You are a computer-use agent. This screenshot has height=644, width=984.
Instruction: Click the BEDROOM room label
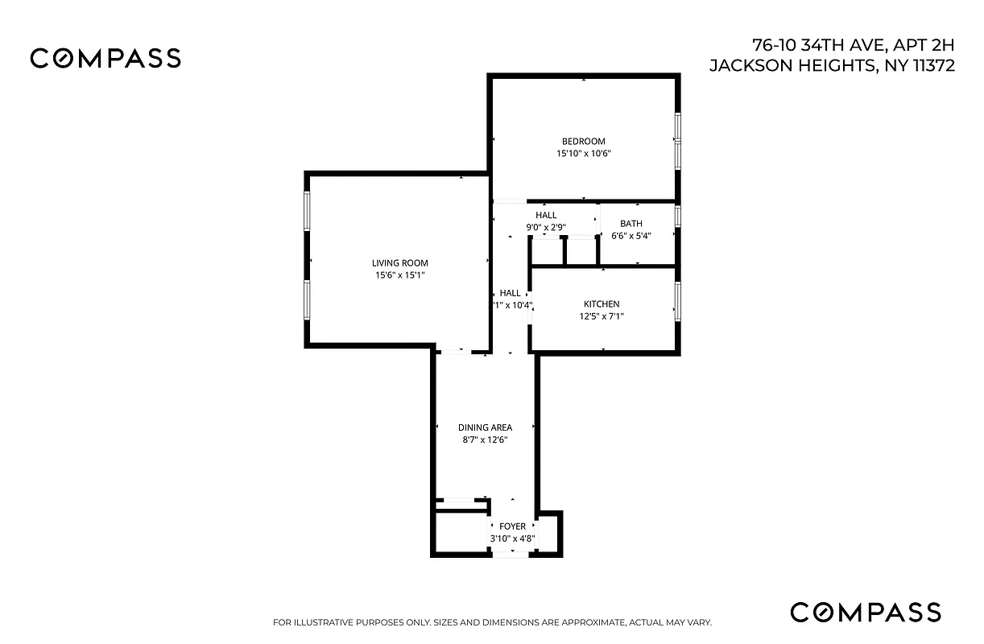coord(583,142)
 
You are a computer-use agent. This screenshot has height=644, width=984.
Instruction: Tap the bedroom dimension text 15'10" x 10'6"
coord(583,154)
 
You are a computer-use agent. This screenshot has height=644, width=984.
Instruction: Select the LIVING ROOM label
coord(399,263)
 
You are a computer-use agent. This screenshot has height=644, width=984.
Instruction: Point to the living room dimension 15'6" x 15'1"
coord(399,275)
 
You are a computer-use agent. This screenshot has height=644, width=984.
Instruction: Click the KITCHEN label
coord(602,304)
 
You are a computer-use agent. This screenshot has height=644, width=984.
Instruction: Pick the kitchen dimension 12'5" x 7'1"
coord(602,316)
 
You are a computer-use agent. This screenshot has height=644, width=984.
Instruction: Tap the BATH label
coord(631,224)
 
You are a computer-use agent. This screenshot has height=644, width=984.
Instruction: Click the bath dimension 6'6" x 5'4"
coord(631,236)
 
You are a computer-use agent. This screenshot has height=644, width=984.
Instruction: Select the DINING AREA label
coord(485,427)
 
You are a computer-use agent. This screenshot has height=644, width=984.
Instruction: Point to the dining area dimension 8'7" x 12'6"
coord(485,440)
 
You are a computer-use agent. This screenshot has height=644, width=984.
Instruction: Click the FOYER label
coord(512,526)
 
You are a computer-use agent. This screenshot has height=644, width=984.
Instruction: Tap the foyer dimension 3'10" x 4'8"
coord(512,539)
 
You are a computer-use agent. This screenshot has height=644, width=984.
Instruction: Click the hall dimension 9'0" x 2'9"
coord(546,227)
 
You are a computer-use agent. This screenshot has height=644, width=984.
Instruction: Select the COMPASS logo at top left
coord(105,58)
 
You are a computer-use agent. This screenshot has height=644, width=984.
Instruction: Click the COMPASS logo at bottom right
coord(865,612)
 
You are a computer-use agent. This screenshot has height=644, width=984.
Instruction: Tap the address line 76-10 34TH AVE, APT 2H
coord(854,44)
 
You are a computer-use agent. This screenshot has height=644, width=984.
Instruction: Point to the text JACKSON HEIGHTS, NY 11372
coord(832,66)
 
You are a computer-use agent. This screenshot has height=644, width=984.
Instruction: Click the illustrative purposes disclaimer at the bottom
coord(492,622)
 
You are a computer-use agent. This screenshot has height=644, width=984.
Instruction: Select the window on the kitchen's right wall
coord(678,298)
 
